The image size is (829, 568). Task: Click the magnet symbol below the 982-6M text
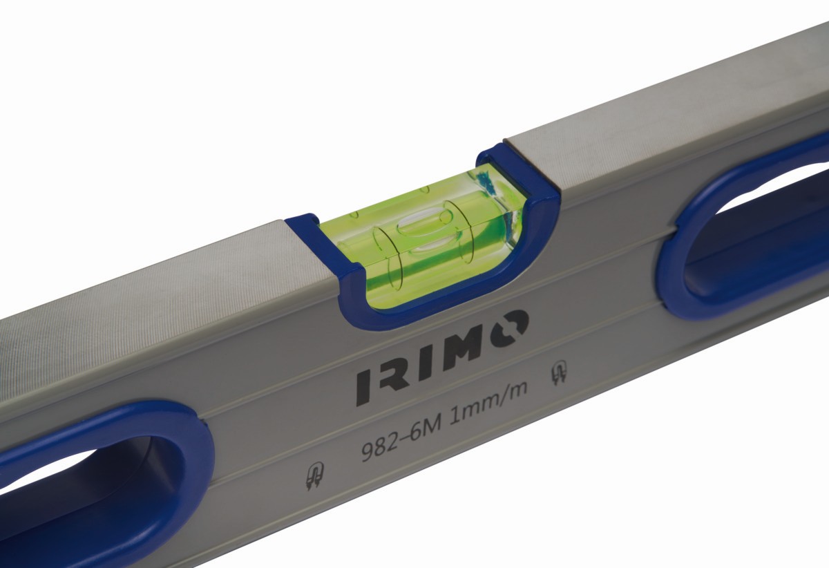314,477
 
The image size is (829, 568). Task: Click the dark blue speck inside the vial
486,185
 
